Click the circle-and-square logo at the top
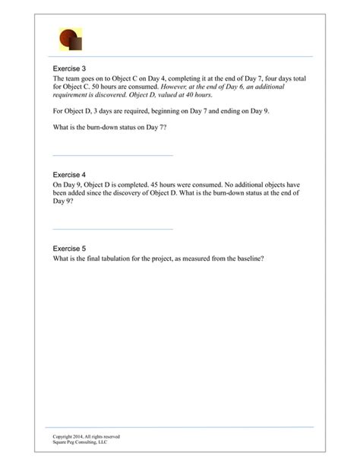(70, 39)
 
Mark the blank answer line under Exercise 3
(113, 155)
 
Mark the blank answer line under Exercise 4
(113, 229)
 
